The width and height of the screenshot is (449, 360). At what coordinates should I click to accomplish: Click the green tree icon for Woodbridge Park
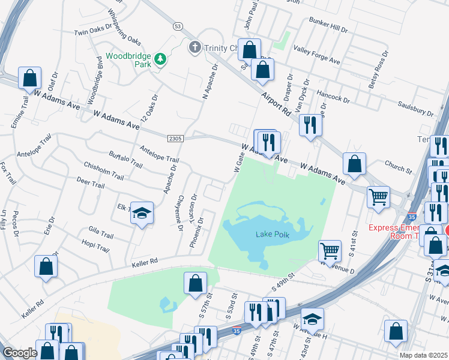coord(160,59)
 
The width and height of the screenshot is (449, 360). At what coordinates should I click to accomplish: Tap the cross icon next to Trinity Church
coord(194,47)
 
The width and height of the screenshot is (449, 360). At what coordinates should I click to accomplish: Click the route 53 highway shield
coord(177,26)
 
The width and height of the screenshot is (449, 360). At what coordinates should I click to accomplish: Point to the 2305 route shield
coord(175,139)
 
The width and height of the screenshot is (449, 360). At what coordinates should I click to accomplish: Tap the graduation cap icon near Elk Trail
coord(142,213)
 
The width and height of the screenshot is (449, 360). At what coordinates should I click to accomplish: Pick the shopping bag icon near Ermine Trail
coord(29,78)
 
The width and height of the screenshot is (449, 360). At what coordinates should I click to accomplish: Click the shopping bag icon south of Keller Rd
coord(195,283)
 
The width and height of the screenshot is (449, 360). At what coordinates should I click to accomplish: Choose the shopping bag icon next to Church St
coord(355,163)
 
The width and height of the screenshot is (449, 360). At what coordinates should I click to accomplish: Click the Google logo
coord(20,353)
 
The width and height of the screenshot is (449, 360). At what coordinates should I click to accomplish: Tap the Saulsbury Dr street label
coord(415,109)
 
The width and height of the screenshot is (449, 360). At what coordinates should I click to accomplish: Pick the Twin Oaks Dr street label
coord(94,30)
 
